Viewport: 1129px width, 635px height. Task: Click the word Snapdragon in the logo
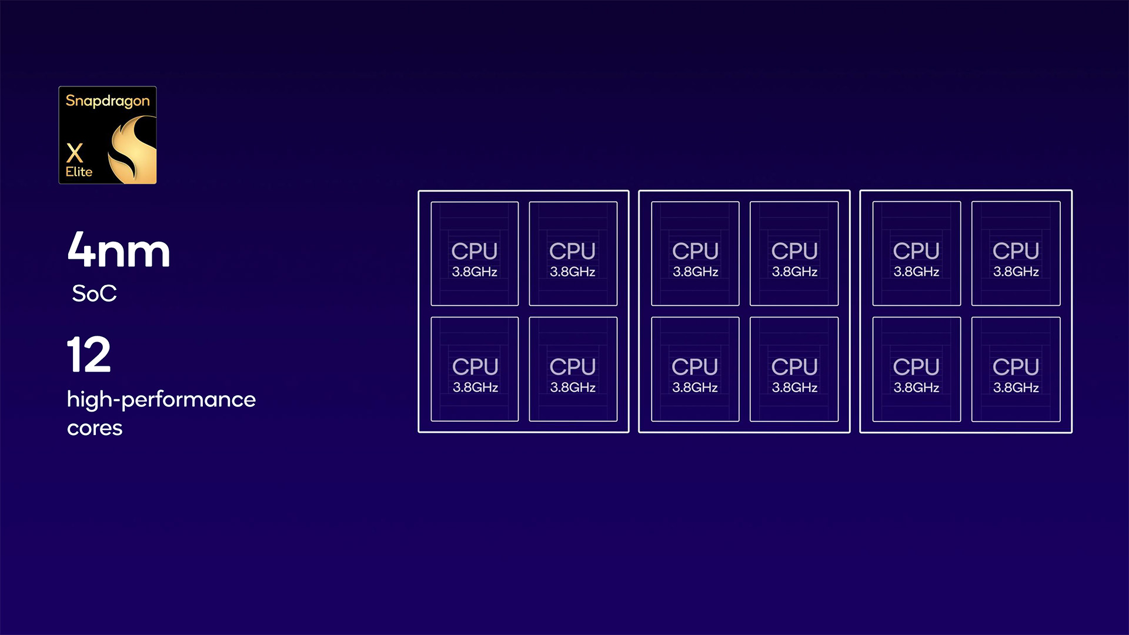pos(108,101)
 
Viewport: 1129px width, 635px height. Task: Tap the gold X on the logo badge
pos(75,153)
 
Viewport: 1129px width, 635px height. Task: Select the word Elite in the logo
pos(79,172)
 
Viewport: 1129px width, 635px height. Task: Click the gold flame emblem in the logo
pos(133,149)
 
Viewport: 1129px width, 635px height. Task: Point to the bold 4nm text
pos(119,250)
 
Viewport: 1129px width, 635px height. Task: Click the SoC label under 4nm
pos(94,293)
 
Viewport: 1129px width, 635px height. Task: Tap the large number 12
pos(89,355)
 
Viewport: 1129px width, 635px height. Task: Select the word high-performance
pos(161,399)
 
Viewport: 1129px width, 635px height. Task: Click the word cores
pos(95,428)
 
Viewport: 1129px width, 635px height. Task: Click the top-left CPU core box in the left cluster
pos(475,253)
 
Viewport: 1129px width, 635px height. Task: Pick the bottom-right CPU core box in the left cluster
pos(573,369)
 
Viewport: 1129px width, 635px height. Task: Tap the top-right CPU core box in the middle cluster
pos(794,253)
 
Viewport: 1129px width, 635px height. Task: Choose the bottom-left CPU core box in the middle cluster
pos(695,369)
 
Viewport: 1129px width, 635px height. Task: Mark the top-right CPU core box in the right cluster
pos(1016,253)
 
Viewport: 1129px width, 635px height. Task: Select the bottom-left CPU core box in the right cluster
pos(916,369)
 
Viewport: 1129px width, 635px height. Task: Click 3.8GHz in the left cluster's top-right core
pos(573,272)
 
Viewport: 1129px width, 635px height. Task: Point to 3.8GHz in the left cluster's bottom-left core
pos(475,387)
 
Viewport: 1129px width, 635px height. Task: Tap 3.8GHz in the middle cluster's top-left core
pos(696,272)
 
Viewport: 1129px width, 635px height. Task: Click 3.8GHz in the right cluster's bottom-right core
pos(1016,387)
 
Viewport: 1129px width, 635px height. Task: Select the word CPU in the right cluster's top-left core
pos(916,251)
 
